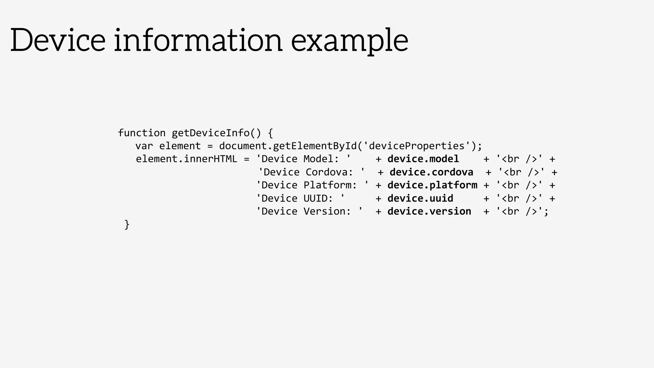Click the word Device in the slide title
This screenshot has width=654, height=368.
(58, 40)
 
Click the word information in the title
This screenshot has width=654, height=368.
(198, 40)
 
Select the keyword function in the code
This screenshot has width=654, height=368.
(141, 133)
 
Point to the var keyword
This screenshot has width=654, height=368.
(144, 146)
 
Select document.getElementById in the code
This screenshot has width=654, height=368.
(288, 146)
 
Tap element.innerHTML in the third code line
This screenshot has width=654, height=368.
(186, 159)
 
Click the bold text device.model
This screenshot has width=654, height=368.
(423, 159)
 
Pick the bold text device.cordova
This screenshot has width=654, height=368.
(431, 172)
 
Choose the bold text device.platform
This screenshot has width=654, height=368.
(432, 185)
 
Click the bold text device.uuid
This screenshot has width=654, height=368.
(420, 198)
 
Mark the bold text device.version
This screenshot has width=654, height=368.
(429, 211)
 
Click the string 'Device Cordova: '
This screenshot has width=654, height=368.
(312, 172)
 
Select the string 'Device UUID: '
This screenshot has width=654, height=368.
(300, 198)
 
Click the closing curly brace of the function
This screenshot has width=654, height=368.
(127, 225)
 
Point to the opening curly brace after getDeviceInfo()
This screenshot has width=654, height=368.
(270, 133)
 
